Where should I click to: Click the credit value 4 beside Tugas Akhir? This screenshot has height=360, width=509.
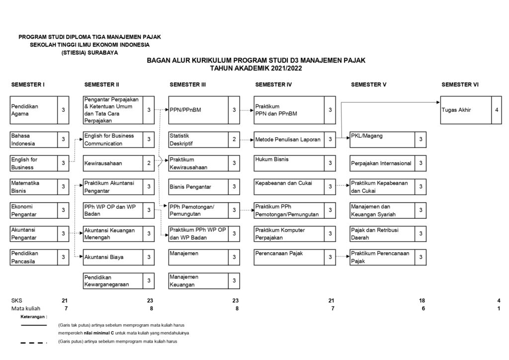(x=497, y=110)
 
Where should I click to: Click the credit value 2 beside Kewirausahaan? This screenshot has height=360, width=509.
(x=149, y=163)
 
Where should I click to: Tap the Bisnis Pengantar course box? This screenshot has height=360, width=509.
(x=198, y=186)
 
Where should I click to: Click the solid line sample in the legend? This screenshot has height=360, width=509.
(x=33, y=325)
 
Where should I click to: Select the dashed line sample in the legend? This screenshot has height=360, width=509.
(x=33, y=343)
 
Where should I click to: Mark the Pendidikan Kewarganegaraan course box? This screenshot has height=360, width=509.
(x=112, y=281)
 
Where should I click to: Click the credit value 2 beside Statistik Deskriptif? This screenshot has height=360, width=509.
(x=234, y=140)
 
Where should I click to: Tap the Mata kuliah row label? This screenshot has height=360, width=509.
(x=25, y=308)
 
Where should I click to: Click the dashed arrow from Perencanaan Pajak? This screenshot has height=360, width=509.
(x=342, y=257)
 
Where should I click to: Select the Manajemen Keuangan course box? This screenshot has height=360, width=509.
(x=198, y=281)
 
